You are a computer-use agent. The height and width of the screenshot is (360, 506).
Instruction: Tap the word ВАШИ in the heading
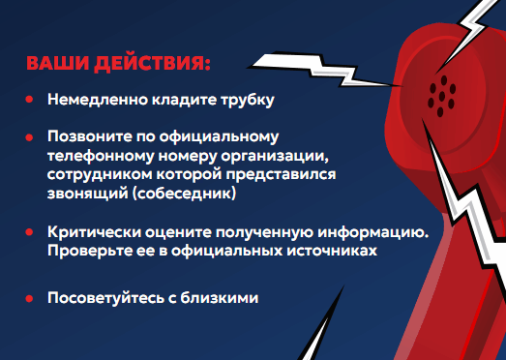(55, 65)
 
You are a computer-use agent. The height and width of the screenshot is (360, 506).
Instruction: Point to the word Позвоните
(85, 136)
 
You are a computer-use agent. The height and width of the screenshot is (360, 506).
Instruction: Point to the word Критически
(88, 233)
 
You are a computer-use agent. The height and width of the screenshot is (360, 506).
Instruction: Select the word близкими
(224, 298)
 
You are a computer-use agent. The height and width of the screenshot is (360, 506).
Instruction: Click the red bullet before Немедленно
(30, 100)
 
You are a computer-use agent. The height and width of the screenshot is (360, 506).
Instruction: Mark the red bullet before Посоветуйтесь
(30, 298)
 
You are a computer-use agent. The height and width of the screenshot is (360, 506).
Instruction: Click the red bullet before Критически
(30, 233)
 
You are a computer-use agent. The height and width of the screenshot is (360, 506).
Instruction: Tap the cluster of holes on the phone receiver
(444, 90)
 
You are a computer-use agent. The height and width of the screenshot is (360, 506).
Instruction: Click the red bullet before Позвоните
(30, 136)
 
